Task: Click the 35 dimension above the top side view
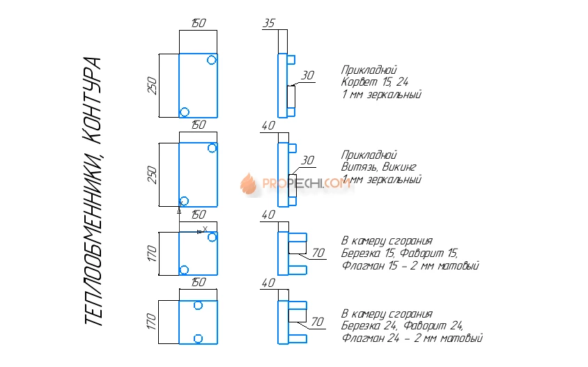[269, 24]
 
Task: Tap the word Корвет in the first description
[357, 82]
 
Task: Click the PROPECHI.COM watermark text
[307, 184]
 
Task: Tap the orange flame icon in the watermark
[249, 183]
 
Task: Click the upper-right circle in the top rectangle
[212, 60]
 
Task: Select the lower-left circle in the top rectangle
[185, 111]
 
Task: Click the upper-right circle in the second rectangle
[212, 148]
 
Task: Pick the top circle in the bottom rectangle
[199, 305]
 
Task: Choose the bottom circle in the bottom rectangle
[199, 338]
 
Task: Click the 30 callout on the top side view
[307, 76]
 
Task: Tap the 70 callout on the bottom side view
[318, 322]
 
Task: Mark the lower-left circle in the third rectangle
[185, 270]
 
